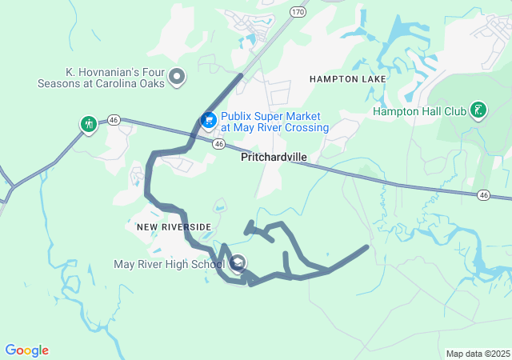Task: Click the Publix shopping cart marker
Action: pyautogui.click(x=208, y=120)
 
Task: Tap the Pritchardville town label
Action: pyautogui.click(x=274, y=158)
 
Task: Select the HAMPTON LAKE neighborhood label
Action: pyautogui.click(x=348, y=79)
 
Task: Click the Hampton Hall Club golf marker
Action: pyautogui.click(x=478, y=110)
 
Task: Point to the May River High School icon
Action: pyautogui.click(x=238, y=263)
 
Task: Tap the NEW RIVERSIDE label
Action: pyautogui.click(x=174, y=227)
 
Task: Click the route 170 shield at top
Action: pyautogui.click(x=298, y=12)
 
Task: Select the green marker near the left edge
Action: pyautogui.click(x=88, y=124)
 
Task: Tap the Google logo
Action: pyautogui.click(x=26, y=350)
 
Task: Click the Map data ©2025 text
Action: pyautogui.click(x=478, y=354)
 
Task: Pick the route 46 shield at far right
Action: pyautogui.click(x=483, y=194)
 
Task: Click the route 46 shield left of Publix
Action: pyautogui.click(x=114, y=118)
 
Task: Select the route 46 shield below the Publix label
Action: pyautogui.click(x=218, y=143)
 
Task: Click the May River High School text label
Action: pyautogui.click(x=169, y=264)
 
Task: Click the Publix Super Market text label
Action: pyautogui.click(x=274, y=122)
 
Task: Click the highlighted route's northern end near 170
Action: pyautogui.click(x=241, y=75)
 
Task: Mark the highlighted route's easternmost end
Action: pyautogui.click(x=367, y=247)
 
